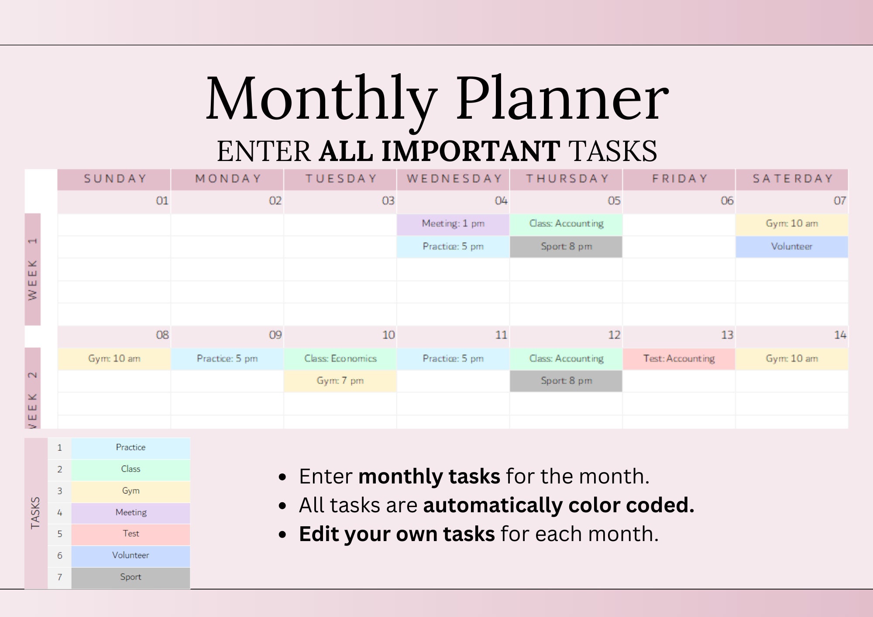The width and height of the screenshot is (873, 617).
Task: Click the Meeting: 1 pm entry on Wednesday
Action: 453,224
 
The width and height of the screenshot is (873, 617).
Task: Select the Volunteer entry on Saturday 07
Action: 791,247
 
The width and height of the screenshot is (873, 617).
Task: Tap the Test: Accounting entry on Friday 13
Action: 679,359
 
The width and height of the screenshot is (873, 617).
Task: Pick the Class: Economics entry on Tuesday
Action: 340,359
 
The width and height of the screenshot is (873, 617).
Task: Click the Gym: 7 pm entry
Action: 340,381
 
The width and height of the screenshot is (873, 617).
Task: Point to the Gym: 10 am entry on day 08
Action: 114,359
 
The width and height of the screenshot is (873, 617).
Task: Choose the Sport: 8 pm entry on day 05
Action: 566,247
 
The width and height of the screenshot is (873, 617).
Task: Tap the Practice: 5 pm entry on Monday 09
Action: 227,359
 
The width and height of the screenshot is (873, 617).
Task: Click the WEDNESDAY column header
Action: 454,179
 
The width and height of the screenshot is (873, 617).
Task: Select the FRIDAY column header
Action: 680,179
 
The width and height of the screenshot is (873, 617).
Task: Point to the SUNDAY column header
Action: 115,179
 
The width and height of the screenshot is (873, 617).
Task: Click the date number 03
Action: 388,201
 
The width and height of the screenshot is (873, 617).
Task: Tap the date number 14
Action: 840,335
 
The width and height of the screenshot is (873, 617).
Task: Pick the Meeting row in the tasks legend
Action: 131,513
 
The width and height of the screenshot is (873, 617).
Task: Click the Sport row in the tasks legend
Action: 131,577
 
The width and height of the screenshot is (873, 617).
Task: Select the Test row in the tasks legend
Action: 131,534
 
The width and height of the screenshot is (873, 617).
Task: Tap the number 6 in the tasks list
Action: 60,555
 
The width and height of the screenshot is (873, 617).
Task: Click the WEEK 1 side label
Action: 33,270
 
